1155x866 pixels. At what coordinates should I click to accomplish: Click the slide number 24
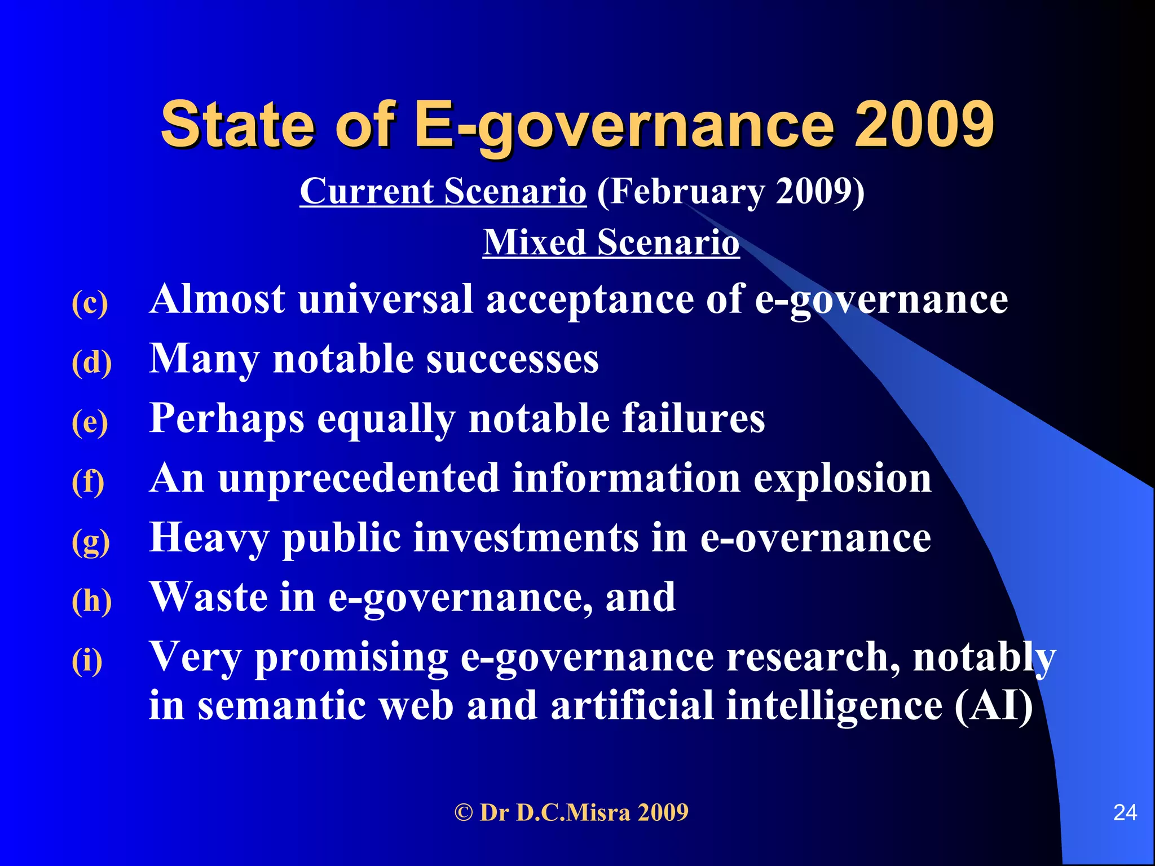(1125, 812)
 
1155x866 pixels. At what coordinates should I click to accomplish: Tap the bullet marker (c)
(90, 303)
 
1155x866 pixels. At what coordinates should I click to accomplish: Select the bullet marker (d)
(91, 362)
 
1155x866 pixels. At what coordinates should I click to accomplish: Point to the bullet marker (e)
(90, 422)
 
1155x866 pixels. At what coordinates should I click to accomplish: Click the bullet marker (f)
(88, 481)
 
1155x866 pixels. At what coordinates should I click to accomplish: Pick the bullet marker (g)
(90, 541)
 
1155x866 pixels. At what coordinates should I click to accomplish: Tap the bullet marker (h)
(91, 600)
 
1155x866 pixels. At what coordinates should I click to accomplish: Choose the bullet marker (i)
(87, 660)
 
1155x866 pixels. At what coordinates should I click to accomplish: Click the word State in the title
(237, 123)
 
